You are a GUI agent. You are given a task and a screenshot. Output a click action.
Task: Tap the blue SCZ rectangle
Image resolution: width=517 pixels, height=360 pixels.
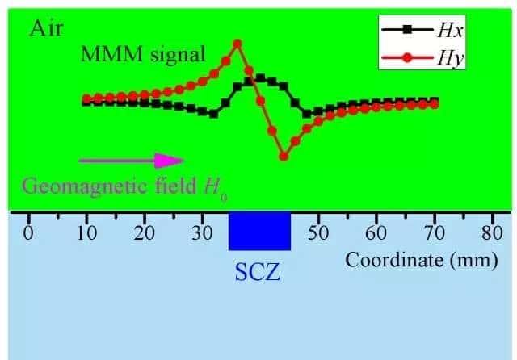coord(260,232)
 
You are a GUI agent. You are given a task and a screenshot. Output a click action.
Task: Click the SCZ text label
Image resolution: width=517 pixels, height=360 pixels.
coord(258,271)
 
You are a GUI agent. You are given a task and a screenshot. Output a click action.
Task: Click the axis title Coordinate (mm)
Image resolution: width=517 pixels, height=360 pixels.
coord(421,261)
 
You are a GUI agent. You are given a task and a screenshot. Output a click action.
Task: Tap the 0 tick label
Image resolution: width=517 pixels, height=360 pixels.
coord(28,234)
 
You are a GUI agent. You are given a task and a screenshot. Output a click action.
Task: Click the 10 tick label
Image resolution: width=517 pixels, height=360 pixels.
coord(86,234)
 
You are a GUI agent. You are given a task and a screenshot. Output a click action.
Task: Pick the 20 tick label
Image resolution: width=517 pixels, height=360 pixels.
coord(144,234)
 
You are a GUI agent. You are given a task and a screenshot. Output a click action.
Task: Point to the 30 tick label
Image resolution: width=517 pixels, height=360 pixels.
coord(202,234)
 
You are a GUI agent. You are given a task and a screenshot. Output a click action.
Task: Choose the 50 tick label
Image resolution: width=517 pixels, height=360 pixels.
coord(318,234)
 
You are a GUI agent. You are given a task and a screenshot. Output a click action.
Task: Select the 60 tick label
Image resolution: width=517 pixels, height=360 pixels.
coord(376,234)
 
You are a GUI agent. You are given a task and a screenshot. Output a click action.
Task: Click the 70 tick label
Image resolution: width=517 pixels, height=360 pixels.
coord(435,234)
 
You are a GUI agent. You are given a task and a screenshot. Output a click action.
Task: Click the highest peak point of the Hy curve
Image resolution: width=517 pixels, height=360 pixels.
coord(237,44)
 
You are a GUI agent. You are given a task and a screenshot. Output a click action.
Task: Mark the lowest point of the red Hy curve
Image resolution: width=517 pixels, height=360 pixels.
coord(284,157)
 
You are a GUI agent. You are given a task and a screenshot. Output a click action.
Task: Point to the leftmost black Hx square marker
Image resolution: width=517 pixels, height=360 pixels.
coord(86,102)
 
